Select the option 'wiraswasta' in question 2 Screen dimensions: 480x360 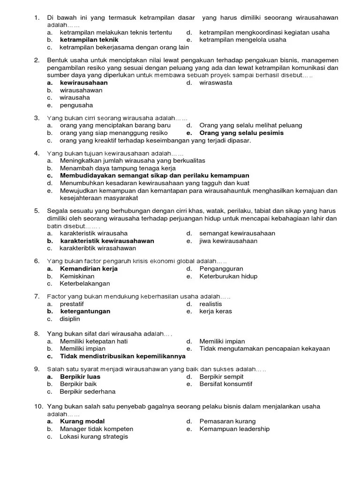(216, 83)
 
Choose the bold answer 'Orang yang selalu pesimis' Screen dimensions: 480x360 (241, 133)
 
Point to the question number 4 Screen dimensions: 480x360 (36, 153)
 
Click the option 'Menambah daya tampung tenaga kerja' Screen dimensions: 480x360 (118, 168)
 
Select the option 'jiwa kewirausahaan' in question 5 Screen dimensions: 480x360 (228, 241)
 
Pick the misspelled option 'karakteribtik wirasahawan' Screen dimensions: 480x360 (97, 248)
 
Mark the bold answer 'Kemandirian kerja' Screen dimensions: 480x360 (89, 269)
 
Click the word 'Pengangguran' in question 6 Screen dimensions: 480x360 (221, 269)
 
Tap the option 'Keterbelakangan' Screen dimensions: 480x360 (85, 284)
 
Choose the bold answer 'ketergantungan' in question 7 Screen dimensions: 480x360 (85, 311)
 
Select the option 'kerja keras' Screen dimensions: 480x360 (216, 311)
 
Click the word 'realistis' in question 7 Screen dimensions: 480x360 (210, 304)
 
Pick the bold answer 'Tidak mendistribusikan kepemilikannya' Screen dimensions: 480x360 (123, 356)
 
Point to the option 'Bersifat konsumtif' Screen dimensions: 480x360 (225, 384)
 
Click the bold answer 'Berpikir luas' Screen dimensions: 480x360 (80, 376)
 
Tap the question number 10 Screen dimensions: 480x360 (37, 406)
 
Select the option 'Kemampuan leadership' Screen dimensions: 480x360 (234, 429)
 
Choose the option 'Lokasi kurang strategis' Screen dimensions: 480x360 (94, 436)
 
